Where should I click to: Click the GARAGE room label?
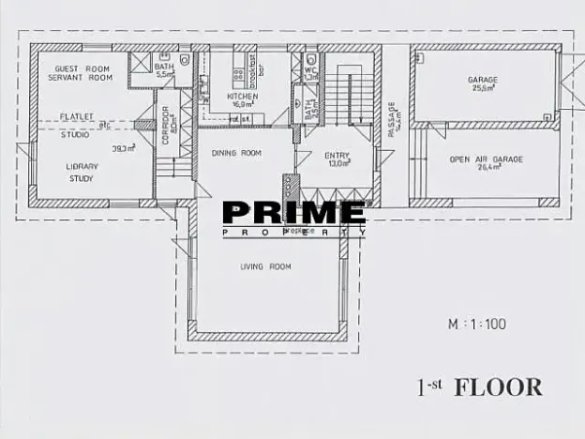click(483, 80)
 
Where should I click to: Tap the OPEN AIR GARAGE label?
click(486, 159)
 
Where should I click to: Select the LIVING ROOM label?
click(265, 266)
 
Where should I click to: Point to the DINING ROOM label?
click(235, 152)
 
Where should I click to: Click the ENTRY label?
click(337, 155)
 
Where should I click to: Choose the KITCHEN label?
click(242, 96)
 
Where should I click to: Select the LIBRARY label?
click(82, 166)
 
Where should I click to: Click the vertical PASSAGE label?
click(391, 119)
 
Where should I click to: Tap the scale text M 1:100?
click(476, 325)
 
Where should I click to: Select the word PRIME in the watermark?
click(293, 213)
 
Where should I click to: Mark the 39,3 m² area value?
click(124, 148)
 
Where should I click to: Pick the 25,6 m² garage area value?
click(484, 89)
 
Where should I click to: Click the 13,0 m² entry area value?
click(337, 163)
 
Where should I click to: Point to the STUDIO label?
click(75, 134)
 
